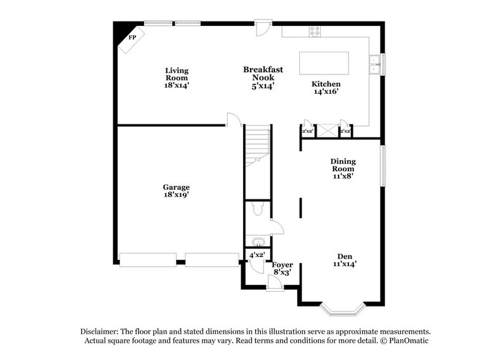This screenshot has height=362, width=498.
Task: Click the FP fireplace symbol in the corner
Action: point(132,38)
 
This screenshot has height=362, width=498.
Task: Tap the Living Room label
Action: point(176,78)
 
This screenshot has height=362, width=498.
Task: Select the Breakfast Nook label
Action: point(263,78)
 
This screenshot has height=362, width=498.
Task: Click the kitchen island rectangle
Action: point(324,63)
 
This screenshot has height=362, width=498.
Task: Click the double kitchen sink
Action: point(374,64)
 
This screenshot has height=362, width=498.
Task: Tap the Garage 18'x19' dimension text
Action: point(176,195)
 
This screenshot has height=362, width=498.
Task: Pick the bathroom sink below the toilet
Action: point(255,241)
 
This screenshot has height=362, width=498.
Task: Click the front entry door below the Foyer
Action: point(275,283)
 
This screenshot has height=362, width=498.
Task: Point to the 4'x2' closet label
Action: point(256,255)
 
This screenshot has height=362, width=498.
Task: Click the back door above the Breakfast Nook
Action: point(263,27)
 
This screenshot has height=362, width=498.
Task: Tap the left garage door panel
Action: point(148,260)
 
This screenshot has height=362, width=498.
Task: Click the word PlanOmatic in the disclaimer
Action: point(405,340)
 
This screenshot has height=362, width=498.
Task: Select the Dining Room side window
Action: point(382,165)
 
